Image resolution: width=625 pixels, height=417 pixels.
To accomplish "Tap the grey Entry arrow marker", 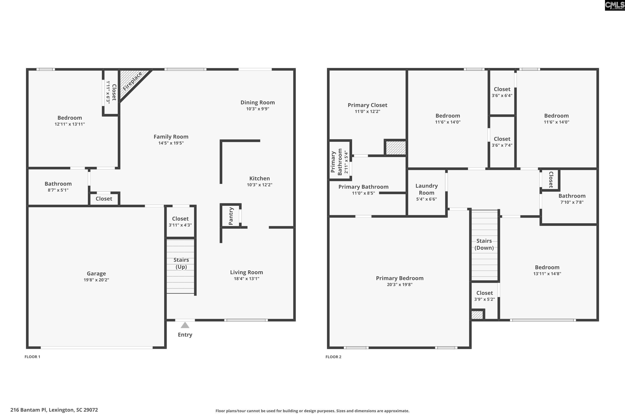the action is (185, 325).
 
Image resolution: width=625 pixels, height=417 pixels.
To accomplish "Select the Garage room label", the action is (96, 273).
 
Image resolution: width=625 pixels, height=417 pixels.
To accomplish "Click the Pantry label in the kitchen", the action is (231, 216).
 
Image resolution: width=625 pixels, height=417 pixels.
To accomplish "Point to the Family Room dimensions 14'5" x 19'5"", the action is (171, 143).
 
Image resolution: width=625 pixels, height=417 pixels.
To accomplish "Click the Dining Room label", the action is (257, 102).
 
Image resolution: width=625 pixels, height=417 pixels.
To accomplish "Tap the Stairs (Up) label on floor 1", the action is (181, 263).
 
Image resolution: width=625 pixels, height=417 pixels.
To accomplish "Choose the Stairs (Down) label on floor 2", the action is (484, 244).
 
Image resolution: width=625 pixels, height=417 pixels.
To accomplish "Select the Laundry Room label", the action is (426, 189).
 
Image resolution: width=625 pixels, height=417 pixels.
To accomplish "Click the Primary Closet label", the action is (367, 105).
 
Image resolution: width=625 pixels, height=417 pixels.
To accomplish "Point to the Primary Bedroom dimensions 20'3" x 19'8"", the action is (400, 285).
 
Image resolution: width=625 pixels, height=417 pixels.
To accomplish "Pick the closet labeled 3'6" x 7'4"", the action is (502, 142).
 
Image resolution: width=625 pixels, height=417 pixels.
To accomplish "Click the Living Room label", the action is (246, 272).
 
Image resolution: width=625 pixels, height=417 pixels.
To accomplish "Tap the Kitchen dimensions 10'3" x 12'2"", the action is (260, 185).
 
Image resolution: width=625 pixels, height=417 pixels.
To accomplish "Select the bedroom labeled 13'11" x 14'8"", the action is (547, 270).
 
